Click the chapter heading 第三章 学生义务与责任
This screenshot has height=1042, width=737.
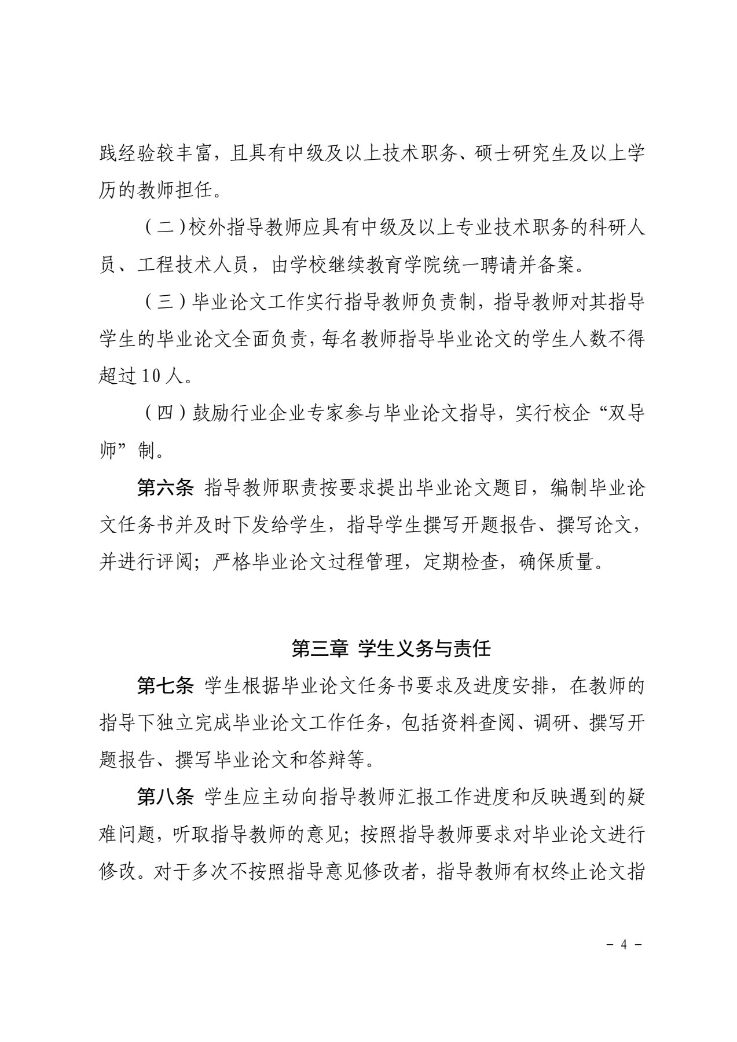391,648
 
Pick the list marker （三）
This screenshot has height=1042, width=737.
164,302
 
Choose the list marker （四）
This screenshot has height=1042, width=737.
164,414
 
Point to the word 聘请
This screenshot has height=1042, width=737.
496,265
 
